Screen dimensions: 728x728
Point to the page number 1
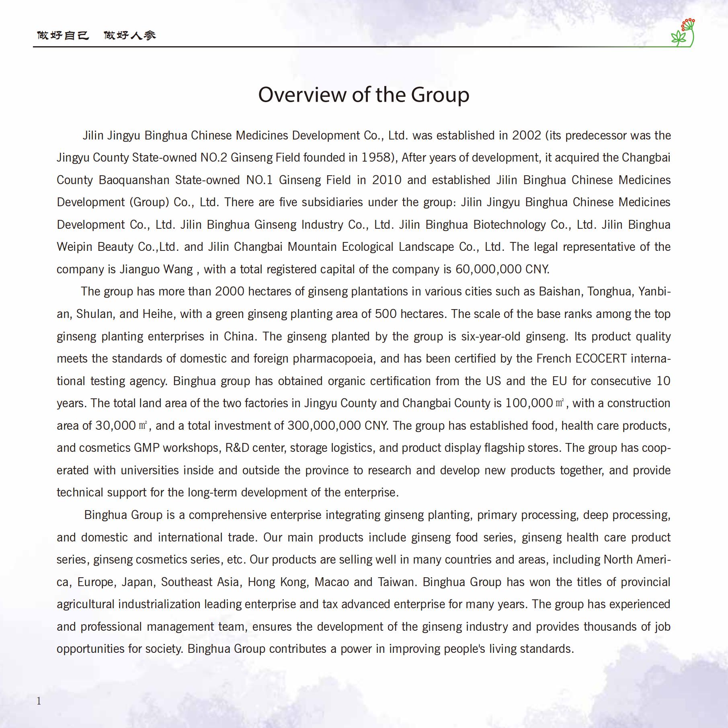click(39, 701)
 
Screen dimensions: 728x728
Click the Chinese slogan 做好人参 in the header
click(129, 35)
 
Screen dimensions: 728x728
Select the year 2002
click(526, 135)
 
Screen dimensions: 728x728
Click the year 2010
click(386, 180)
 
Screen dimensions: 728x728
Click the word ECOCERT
click(601, 359)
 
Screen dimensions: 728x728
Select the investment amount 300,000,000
click(324, 426)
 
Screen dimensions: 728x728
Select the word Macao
click(332, 582)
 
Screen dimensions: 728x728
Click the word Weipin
click(74, 247)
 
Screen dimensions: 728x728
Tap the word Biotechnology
click(509, 225)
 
